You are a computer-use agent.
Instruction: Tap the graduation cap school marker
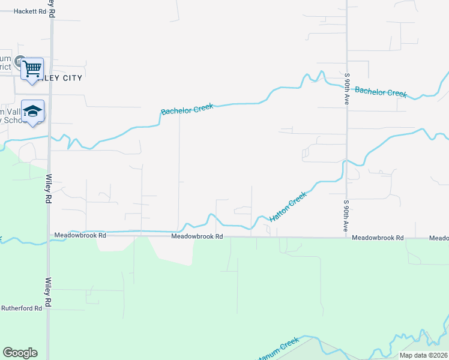point(33,112)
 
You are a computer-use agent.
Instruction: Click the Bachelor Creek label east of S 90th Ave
point(381,92)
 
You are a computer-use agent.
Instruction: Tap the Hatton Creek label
point(288,206)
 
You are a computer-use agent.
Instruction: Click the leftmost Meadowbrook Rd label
point(80,236)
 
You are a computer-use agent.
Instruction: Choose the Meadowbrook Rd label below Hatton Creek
point(197,236)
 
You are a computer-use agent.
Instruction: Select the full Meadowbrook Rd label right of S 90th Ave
point(378,238)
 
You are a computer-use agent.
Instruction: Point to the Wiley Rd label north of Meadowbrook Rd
point(48,190)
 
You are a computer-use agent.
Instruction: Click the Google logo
point(20,353)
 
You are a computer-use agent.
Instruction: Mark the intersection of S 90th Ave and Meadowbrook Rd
point(347,237)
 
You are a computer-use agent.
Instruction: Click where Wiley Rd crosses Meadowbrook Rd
point(49,236)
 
